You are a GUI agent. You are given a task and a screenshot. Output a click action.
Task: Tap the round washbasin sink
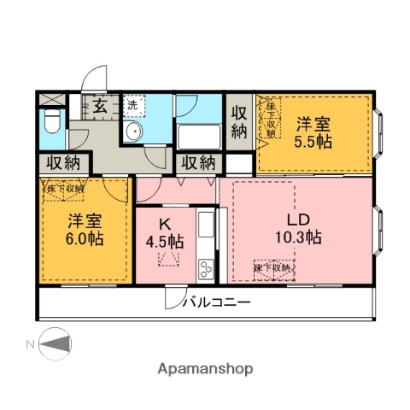tap(133, 132)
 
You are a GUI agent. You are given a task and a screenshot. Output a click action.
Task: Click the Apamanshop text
tap(204, 370)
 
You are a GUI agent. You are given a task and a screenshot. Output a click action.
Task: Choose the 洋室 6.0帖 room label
tap(85, 231)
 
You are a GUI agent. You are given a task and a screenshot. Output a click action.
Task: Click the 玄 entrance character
tap(100, 107)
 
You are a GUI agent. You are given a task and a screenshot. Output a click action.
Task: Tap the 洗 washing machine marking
tap(132, 104)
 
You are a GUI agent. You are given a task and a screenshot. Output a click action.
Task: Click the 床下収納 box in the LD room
tap(272, 268)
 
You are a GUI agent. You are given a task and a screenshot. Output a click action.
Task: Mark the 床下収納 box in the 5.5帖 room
tap(270, 119)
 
